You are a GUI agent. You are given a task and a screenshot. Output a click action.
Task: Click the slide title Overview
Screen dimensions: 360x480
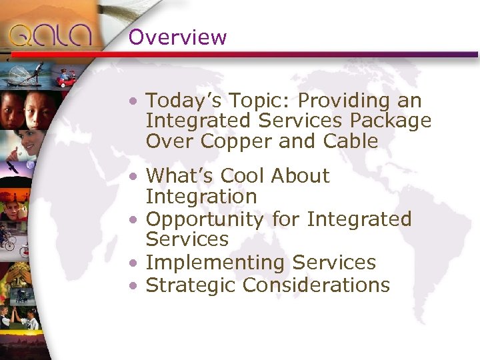(177, 37)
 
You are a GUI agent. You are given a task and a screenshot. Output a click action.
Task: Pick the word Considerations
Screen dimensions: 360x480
(316, 285)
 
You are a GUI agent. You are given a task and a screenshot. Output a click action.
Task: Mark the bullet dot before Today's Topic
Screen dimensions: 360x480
(135, 102)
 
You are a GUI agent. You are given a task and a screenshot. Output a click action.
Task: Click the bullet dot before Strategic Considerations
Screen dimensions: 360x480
(135, 286)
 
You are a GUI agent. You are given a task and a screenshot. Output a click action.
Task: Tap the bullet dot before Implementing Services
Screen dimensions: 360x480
(135, 264)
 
